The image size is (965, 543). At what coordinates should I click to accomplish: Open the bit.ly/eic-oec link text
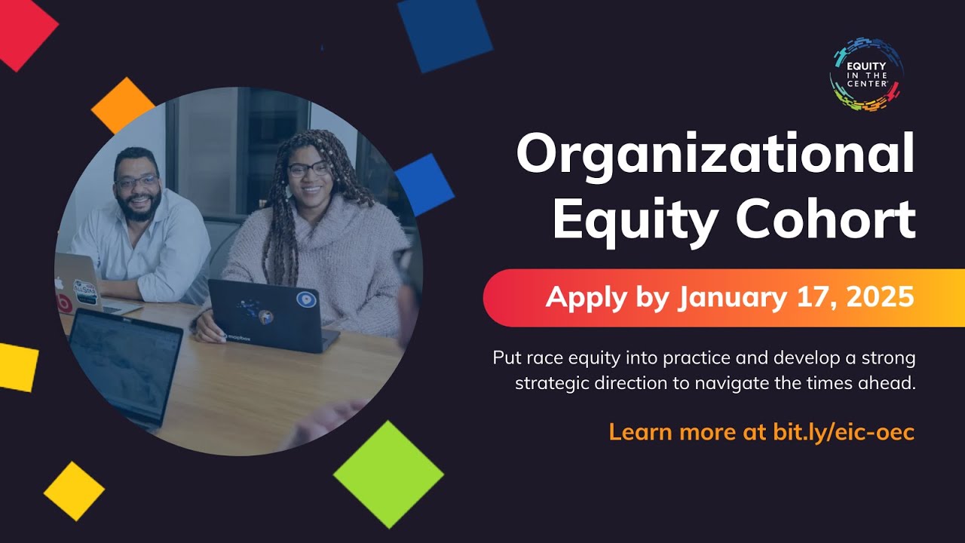click(844, 432)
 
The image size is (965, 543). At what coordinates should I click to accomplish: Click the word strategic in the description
click(552, 383)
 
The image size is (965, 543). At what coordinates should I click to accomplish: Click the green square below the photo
click(388, 474)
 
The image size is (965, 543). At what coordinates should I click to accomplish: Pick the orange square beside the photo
click(122, 106)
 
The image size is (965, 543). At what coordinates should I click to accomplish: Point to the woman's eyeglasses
click(309, 169)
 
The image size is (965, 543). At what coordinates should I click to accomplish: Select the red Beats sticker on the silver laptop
click(65, 304)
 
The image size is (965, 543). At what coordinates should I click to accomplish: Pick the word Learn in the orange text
click(640, 432)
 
